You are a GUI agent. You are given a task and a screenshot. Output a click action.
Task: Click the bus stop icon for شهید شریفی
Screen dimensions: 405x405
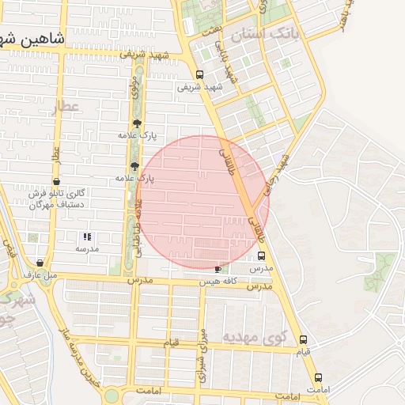coord(199,75)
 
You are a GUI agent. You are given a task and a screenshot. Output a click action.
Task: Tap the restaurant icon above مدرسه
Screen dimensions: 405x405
coord(87,237)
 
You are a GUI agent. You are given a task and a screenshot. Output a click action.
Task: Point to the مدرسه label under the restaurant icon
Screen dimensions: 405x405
coord(87,248)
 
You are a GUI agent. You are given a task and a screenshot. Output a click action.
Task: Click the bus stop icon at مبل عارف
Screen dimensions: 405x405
coord(40,263)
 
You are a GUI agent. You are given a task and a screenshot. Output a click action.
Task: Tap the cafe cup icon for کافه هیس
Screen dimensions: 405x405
coord(218,270)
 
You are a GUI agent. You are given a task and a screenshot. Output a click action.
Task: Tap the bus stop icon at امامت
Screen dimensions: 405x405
coord(318,377)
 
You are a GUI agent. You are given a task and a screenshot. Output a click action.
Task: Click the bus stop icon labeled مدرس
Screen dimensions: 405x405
coord(262,256)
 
